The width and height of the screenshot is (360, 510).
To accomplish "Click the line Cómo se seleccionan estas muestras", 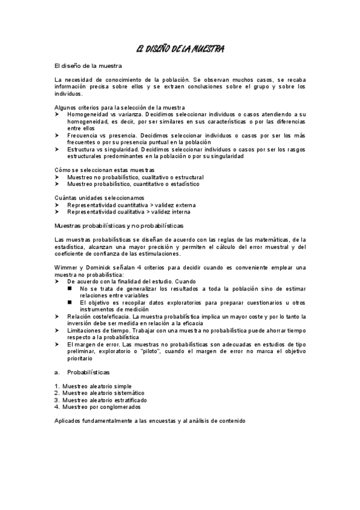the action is (x=104, y=170).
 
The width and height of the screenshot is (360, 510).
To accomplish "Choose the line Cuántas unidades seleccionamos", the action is (x=99, y=198).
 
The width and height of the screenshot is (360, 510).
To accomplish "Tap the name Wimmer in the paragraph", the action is (x=66, y=267).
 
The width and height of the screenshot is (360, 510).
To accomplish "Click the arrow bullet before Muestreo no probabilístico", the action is (x=57, y=177).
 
